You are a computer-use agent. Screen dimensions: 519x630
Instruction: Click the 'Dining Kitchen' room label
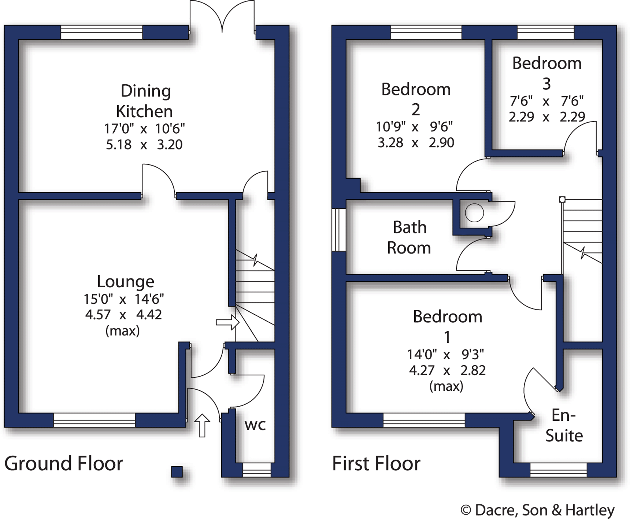click(145, 101)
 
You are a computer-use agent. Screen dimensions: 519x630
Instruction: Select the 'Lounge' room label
click(125, 281)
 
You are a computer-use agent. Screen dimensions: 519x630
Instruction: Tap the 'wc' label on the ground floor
click(255, 425)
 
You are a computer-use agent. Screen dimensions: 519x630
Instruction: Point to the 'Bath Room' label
click(409, 238)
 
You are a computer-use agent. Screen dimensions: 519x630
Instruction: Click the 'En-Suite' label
click(564, 426)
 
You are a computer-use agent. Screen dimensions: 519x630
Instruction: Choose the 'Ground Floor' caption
click(63, 463)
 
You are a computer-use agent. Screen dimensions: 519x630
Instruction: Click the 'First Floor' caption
click(376, 463)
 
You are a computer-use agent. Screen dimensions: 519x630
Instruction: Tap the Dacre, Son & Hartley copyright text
click(537, 510)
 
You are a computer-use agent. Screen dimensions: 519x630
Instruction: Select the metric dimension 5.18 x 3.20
click(144, 145)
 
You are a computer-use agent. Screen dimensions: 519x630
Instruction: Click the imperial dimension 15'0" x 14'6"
click(123, 299)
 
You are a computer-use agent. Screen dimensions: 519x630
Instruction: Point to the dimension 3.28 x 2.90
click(416, 142)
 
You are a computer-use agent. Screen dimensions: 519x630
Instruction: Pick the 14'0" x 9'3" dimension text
click(445, 354)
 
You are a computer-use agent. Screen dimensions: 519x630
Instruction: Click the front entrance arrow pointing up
click(202, 425)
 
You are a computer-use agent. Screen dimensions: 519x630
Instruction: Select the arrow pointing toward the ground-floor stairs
click(227, 323)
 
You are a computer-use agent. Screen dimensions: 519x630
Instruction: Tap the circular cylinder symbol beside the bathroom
click(474, 212)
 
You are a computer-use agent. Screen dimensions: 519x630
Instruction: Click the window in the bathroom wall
click(339, 230)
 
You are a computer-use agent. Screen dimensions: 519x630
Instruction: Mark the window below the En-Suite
click(558, 470)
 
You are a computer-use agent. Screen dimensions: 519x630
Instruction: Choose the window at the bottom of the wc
click(257, 470)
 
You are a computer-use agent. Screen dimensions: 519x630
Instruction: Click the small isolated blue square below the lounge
click(177, 472)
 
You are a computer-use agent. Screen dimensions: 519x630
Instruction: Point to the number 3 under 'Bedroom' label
click(546, 84)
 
